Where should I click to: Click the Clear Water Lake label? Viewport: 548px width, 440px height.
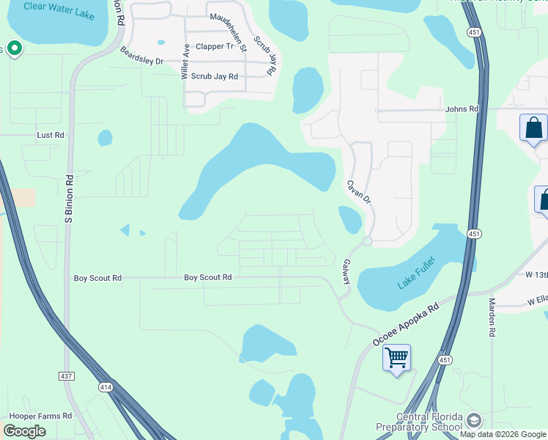[59, 10]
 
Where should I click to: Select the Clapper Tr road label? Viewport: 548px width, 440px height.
[214, 46]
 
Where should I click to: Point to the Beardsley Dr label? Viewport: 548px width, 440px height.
[142, 56]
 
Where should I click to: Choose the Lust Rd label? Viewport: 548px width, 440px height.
[51, 135]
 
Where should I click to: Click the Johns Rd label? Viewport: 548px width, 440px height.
[462, 109]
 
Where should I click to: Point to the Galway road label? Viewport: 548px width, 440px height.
[346, 271]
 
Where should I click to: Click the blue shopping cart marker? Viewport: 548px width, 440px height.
[396, 358]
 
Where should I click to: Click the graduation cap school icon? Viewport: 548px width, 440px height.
[473, 420]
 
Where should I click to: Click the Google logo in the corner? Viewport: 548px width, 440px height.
[24, 430]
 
